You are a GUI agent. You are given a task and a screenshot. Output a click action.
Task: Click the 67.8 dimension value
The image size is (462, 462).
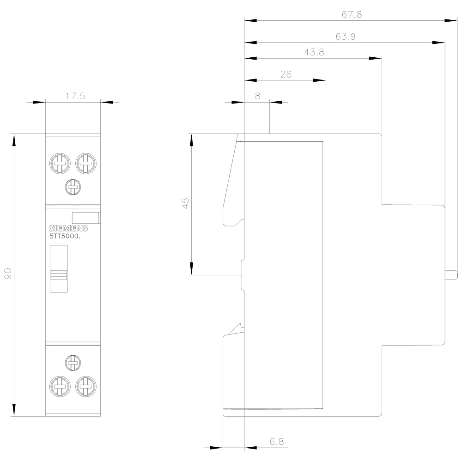tap(352, 14)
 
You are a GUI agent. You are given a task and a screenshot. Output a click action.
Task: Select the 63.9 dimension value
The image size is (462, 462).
tap(346, 36)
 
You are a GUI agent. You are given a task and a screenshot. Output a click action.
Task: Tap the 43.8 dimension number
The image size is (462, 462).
tap(314, 52)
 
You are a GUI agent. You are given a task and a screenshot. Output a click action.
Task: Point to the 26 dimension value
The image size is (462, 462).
tap(286, 74)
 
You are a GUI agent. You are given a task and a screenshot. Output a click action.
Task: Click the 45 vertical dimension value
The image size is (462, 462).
tap(185, 203)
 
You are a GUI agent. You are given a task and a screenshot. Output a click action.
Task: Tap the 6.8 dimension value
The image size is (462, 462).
tap(277, 442)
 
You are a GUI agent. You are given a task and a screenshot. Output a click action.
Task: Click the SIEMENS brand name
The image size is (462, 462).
tap(68, 229)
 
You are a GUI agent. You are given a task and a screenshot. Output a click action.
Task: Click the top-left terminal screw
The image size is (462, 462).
tap(59, 163)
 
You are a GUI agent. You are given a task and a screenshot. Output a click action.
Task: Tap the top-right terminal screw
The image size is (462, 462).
tap(85, 163)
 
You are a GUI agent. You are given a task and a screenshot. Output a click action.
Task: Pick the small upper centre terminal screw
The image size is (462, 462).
tap(73, 187)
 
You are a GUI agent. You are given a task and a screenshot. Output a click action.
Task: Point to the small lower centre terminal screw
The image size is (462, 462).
tap(73, 362)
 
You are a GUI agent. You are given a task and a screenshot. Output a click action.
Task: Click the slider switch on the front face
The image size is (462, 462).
tap(59, 274)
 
